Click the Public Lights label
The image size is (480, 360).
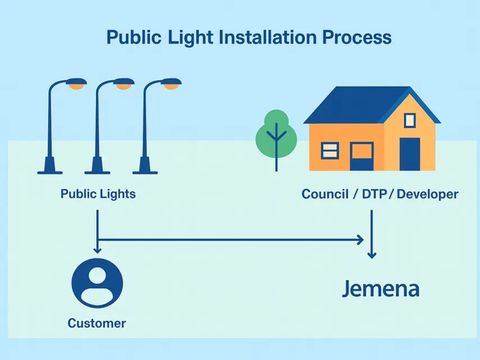click(x=98, y=194)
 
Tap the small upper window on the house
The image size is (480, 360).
click(x=410, y=119)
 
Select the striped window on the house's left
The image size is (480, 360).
click(x=330, y=151)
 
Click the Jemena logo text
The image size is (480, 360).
click(x=381, y=290)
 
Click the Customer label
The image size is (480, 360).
click(x=97, y=323)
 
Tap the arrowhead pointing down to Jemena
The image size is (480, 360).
click(x=371, y=254)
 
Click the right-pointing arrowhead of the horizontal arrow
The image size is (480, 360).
click(x=359, y=240)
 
